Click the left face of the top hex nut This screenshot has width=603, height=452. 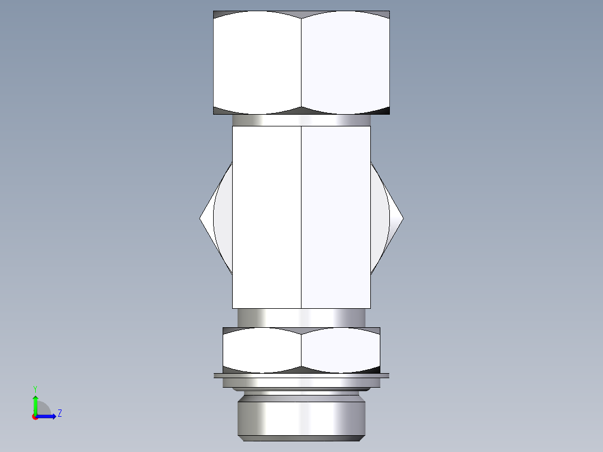click(x=257, y=62)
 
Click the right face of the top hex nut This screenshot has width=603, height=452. click(x=345, y=62)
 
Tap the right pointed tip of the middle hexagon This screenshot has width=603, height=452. click(x=402, y=218)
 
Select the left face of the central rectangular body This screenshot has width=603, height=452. click(x=266, y=217)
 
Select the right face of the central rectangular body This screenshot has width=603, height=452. click(x=336, y=217)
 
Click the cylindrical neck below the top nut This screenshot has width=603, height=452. click(x=301, y=120)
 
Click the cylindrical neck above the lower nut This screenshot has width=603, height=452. click(x=301, y=318)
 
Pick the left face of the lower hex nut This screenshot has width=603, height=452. click(x=262, y=350)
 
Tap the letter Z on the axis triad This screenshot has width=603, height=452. click(x=59, y=413)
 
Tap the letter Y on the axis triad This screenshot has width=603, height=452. click(x=35, y=388)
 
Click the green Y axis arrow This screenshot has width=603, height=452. click(x=35, y=404)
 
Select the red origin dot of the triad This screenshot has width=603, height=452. click(x=35, y=417)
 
